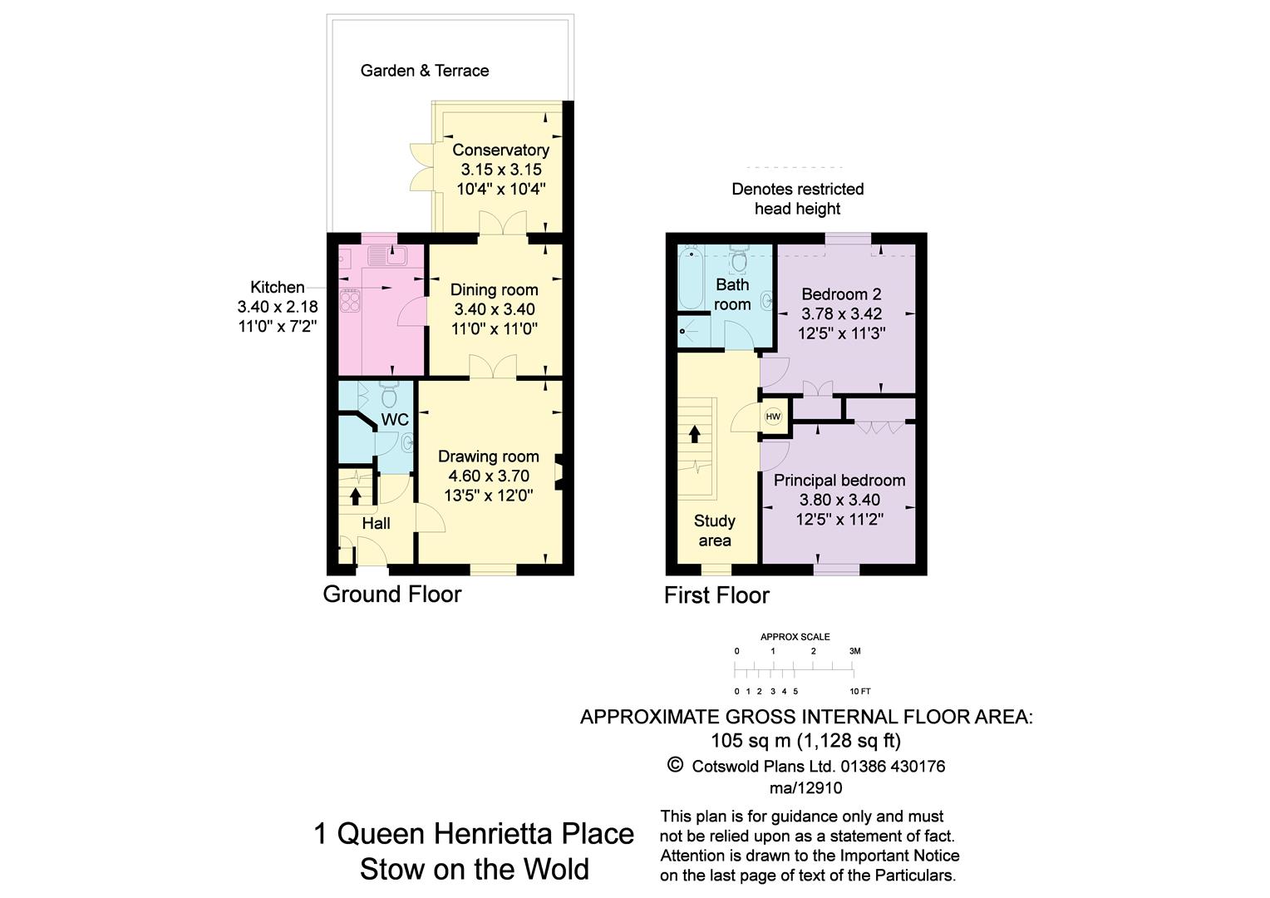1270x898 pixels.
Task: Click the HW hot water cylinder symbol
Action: tap(773, 417)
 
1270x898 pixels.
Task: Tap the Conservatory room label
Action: tap(500, 150)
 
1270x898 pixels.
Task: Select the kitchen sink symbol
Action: tap(385, 255)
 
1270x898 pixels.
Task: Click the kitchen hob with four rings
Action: tap(350, 299)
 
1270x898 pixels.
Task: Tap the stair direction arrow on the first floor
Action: tap(694, 434)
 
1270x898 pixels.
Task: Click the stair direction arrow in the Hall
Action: tap(356, 496)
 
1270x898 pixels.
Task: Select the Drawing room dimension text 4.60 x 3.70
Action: tap(489, 476)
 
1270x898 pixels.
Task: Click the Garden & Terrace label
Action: tap(424, 71)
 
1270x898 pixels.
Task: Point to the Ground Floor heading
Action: tap(391, 594)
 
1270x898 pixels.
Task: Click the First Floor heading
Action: tap(716, 595)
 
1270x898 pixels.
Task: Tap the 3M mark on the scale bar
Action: tap(854, 651)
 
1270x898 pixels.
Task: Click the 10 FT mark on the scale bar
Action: tap(859, 691)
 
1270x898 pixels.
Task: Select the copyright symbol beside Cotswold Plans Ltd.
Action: tap(675, 765)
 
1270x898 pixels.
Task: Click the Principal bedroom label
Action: tap(839, 480)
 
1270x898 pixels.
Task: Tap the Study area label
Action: tap(715, 530)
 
